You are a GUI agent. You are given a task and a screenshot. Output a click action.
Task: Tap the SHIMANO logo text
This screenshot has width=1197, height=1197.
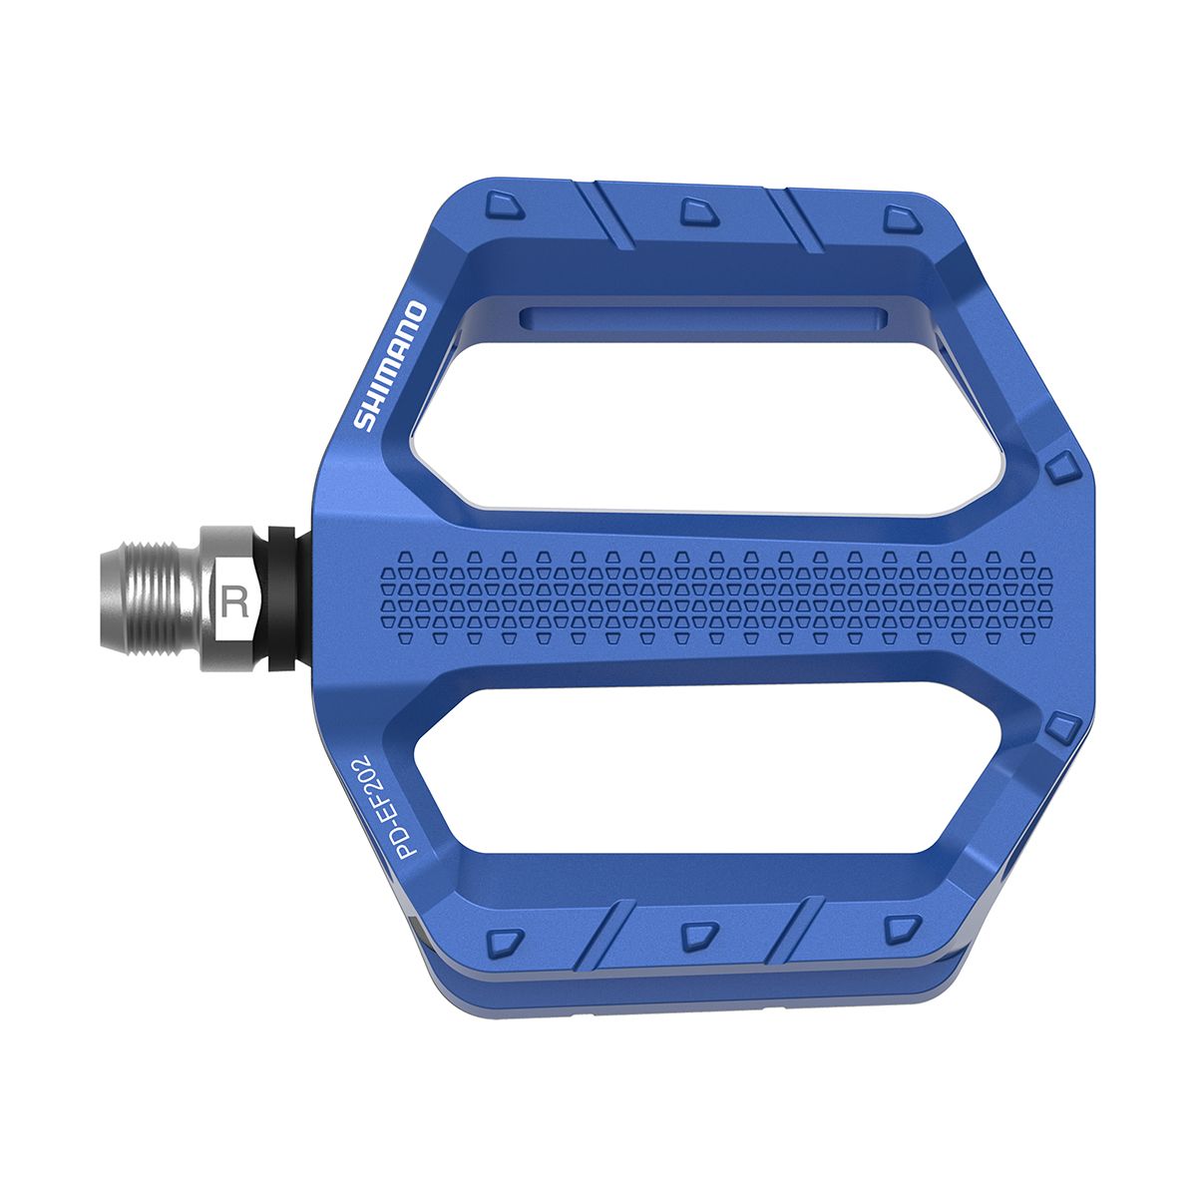(392, 366)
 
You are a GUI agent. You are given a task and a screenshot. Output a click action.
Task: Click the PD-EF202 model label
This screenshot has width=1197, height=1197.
(386, 806)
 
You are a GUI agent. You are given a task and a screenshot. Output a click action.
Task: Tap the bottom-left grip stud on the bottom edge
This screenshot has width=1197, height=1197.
(506, 942)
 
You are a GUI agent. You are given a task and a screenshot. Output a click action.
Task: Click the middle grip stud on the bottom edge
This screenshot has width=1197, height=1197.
(699, 936)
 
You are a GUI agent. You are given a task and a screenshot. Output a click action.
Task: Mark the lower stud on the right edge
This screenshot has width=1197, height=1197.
(1062, 728)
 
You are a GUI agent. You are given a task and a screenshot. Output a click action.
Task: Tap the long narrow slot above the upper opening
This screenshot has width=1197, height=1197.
(703, 318)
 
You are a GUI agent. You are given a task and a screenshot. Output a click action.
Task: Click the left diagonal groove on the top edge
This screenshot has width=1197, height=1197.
(606, 214)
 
